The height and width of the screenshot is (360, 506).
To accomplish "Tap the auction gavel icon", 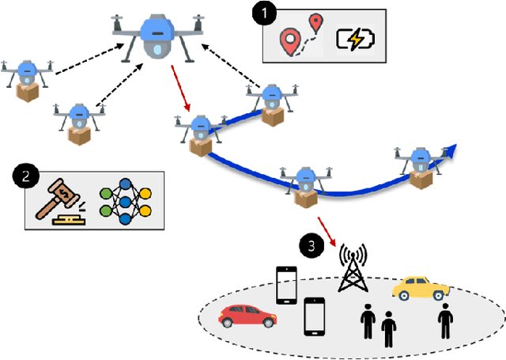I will point(59,203).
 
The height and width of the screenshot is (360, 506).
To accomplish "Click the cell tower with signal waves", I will point(353,270).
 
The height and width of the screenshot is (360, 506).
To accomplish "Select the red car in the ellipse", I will point(247,316).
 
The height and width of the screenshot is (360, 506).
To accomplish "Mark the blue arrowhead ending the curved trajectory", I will point(452,150).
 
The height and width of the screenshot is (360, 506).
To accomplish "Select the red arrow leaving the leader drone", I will point(179,91).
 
